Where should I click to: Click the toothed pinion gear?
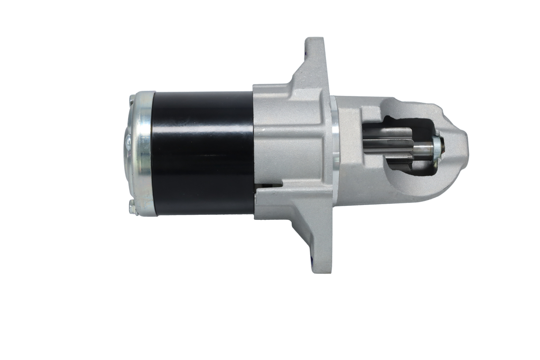389,148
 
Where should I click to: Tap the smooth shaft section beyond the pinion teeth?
422,148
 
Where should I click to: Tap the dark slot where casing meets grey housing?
267,184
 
